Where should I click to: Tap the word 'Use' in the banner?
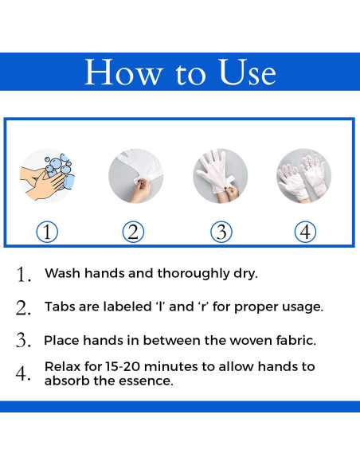click(x=248, y=72)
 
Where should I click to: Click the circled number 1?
click(x=47, y=232)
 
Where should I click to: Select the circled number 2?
click(x=134, y=232)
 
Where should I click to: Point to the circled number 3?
click(x=221, y=232)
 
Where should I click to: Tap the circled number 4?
click(x=305, y=232)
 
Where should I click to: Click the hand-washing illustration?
click(x=47, y=176)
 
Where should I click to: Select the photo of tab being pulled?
click(x=135, y=176)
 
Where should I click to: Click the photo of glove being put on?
click(x=221, y=176)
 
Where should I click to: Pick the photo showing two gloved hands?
click(x=304, y=176)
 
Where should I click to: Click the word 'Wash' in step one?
click(x=63, y=273)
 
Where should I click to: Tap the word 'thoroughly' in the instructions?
click(x=194, y=274)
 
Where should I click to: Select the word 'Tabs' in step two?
click(x=60, y=307)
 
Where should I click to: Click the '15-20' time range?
click(x=123, y=367)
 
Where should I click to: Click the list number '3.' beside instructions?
click(x=23, y=340)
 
